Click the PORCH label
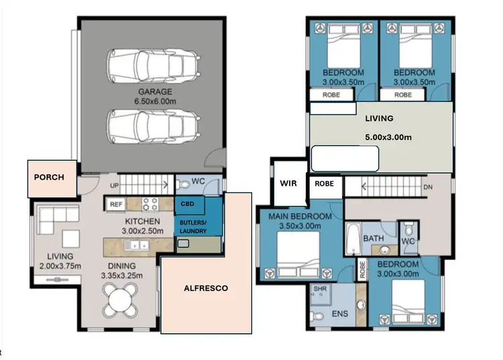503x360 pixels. tap(50, 178)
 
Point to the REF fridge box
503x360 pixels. tap(115, 204)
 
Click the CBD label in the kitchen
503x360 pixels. tap(188, 204)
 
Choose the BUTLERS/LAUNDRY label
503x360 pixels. tap(193, 226)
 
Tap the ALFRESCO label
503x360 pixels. tap(206, 288)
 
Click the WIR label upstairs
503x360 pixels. tap(288, 182)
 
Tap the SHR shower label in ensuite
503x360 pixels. tap(319, 290)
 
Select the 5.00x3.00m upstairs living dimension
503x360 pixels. tap(388, 137)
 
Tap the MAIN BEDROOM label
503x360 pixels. tap(300, 217)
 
